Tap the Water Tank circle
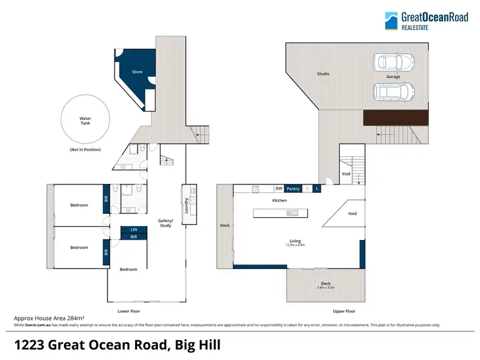[x=84, y=120]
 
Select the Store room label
[x=137, y=72]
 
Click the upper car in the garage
[x=393, y=62]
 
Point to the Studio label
[x=323, y=74]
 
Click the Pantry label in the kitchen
[x=293, y=189]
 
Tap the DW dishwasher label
[x=278, y=189]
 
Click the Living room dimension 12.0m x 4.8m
[x=295, y=245]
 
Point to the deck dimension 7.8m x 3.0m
[x=326, y=288]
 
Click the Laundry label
[x=185, y=206]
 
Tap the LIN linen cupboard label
[x=134, y=229]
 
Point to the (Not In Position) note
[x=85, y=149]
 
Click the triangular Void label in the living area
[x=351, y=214]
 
